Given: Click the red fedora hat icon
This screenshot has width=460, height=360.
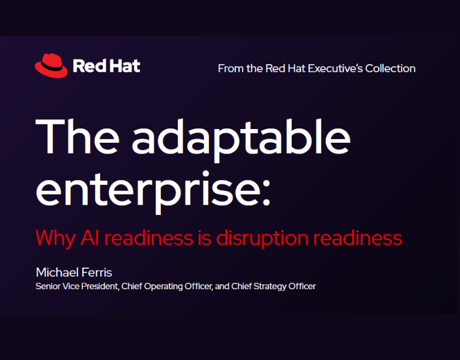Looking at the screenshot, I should (x=51, y=65).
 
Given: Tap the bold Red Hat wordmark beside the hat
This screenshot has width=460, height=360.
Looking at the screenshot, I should (x=106, y=66).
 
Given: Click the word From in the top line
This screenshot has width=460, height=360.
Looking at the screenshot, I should (x=230, y=68).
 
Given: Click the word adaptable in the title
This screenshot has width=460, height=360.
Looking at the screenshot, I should (x=240, y=137).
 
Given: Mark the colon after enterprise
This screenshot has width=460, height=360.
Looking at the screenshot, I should (x=265, y=189).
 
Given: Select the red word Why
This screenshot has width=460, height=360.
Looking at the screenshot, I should (x=55, y=238).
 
